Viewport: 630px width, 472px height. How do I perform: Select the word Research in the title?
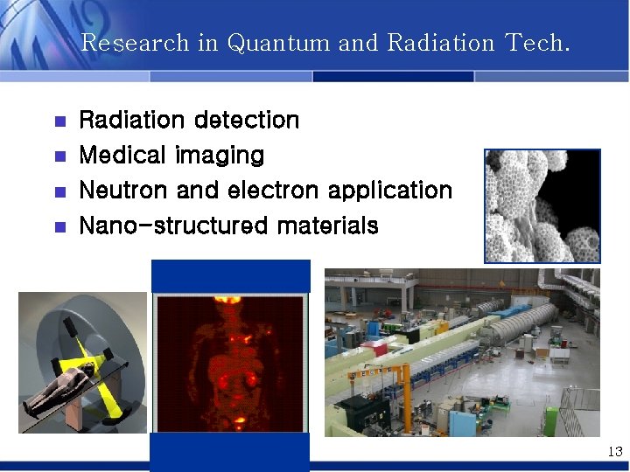(135, 43)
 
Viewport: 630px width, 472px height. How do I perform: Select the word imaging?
(220, 156)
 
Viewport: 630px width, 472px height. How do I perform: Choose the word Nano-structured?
(173, 226)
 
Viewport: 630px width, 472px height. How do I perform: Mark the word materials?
(328, 226)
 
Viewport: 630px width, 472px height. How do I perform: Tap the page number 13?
(614, 452)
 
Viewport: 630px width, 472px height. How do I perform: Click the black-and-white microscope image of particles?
(542, 206)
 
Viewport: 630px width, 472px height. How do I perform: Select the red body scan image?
(230, 363)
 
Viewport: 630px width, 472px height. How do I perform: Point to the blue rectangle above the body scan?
(230, 275)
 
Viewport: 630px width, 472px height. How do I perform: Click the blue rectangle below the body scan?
(230, 452)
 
